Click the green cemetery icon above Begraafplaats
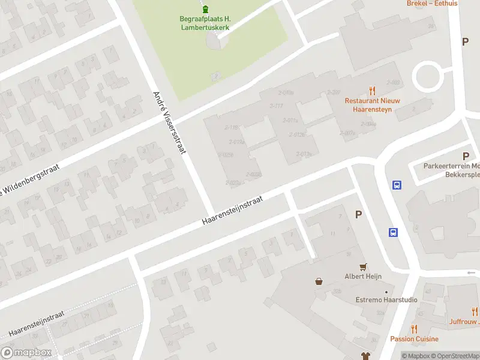click(206, 8)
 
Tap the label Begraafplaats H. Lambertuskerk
click(205, 23)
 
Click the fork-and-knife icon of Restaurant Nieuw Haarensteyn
click(372, 91)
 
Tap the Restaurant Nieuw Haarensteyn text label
click(372, 105)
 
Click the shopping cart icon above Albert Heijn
click(362, 266)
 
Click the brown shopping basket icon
click(319, 280)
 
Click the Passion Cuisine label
click(414, 339)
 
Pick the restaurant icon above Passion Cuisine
click(414, 328)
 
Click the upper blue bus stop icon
click(397, 185)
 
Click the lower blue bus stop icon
click(393, 232)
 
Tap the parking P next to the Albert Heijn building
click(359, 214)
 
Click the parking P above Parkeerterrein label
click(466, 155)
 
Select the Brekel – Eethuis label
click(432, 3)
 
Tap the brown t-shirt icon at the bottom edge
click(364, 356)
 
